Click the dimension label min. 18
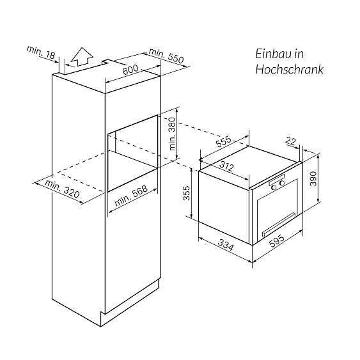40,52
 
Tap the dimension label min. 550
166,56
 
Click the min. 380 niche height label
171,133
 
